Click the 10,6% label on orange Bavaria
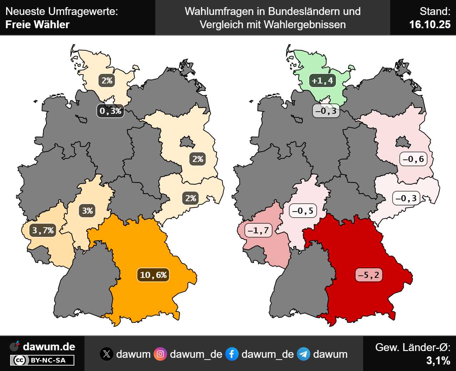(153, 275)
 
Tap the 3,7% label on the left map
(43, 230)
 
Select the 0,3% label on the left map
(110, 111)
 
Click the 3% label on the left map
(88, 211)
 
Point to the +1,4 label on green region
(322, 81)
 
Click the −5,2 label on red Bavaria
(369, 275)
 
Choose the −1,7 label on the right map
(259, 230)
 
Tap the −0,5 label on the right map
(303, 211)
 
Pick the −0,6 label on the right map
(413, 159)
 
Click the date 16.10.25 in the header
(430, 25)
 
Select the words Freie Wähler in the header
(37, 25)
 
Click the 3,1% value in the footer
(438, 361)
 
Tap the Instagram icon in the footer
(160, 354)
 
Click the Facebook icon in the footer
(232, 354)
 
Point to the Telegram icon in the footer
(304, 354)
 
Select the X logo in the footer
(107, 354)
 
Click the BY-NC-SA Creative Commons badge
(42, 360)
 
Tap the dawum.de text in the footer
(49, 346)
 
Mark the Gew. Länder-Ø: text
(413, 347)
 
